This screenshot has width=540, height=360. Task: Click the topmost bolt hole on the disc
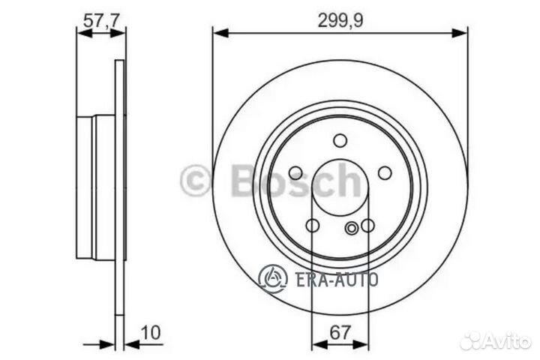pos(340,140)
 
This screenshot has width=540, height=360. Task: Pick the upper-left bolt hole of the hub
pos(295,173)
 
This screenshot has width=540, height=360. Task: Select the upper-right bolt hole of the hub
pos(385,173)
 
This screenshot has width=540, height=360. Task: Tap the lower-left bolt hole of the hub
pos(313,226)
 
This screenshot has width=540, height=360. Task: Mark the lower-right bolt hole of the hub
pos(367,226)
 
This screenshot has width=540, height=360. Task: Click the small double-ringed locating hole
pos(352,228)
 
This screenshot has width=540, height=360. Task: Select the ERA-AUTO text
pos(329,279)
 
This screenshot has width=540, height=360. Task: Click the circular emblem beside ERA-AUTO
pos(273,278)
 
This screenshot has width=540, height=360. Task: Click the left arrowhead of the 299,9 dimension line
pos(218,31)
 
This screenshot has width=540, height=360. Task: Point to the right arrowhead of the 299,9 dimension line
pos(462,31)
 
